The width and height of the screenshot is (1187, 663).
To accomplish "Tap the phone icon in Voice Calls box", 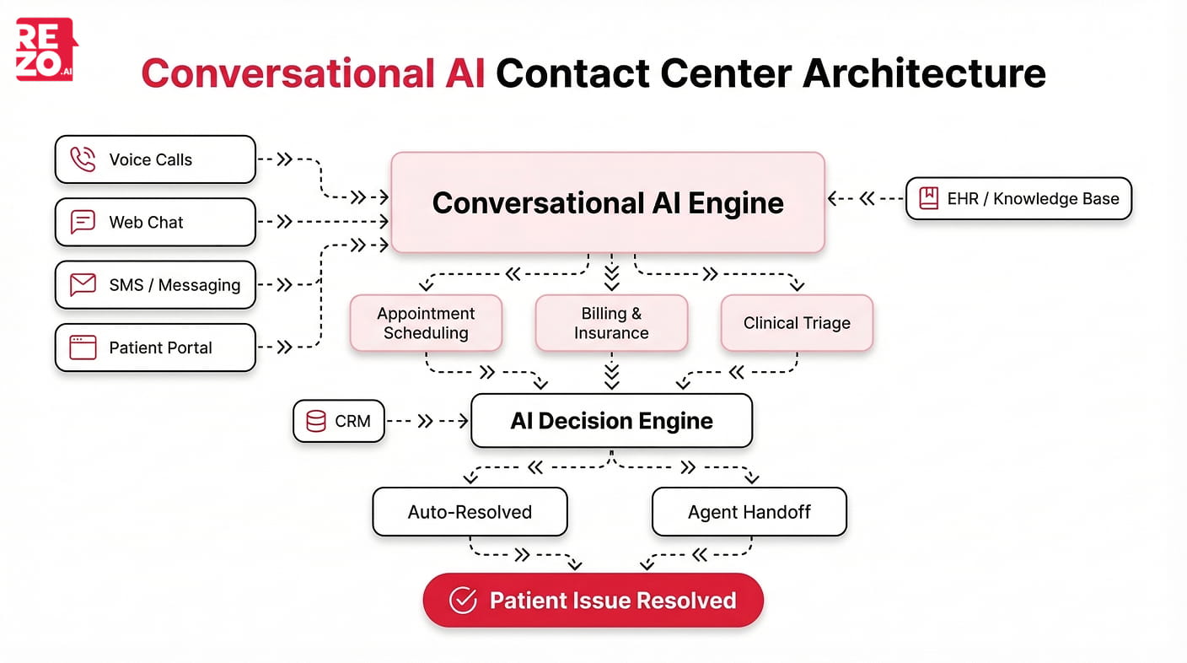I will click(83, 159).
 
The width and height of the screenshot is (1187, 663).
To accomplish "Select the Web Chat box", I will click(155, 222).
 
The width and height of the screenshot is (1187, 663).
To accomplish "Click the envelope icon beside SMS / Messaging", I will click(83, 285).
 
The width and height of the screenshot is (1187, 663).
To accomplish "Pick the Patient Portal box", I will click(155, 348).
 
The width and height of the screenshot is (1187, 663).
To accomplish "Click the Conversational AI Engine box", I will click(607, 202).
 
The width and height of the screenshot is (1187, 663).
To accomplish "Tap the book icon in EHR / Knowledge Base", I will click(928, 199).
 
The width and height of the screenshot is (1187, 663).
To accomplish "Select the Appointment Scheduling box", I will click(426, 323).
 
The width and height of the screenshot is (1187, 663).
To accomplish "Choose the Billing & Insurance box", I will click(611, 323).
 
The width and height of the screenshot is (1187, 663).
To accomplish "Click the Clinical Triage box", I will click(797, 323).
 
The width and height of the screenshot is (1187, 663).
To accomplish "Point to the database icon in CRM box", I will click(316, 421).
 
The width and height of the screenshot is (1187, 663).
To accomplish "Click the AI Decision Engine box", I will click(611, 421).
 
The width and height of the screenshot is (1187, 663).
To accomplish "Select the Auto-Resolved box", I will click(470, 512).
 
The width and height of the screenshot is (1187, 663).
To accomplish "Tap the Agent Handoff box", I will click(749, 512).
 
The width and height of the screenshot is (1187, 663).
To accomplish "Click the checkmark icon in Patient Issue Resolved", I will click(462, 601).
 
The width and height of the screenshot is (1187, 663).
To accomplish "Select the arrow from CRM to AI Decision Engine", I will click(427, 421).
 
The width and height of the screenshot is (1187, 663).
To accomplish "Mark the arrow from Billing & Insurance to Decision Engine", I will click(612, 373).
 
